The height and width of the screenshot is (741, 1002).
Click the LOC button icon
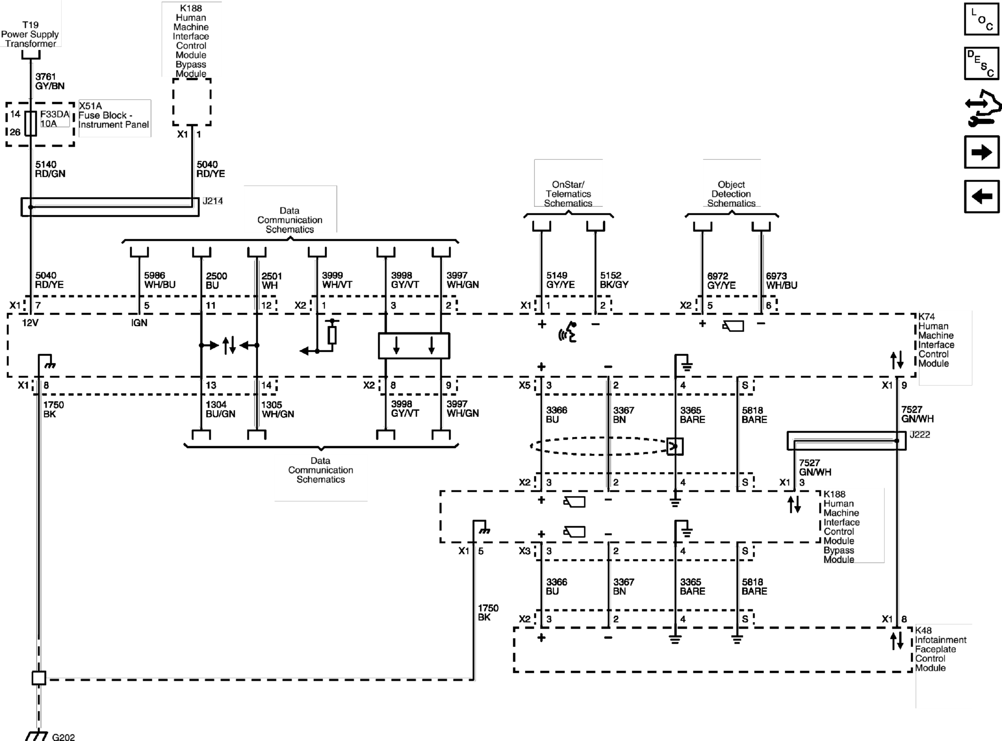981,19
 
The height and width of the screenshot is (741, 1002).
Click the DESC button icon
981,63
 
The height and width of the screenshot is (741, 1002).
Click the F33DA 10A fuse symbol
31,123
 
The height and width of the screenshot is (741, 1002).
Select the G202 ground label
63,737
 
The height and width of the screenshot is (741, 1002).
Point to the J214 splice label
213,201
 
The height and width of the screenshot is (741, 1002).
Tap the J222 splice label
920,434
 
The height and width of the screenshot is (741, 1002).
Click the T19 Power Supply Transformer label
30,34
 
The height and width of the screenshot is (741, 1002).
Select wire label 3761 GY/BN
50,81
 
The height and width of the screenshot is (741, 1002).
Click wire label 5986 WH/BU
159,280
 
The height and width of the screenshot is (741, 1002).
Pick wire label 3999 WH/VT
337,280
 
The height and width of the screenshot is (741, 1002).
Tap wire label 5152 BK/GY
614,280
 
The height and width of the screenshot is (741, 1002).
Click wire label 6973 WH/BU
781,281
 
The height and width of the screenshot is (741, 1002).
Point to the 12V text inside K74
30,323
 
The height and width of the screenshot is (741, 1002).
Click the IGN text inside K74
139,323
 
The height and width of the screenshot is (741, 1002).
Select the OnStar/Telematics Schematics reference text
568,194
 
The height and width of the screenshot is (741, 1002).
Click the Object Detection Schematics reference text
731,194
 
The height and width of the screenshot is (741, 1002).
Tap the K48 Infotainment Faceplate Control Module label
940,649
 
